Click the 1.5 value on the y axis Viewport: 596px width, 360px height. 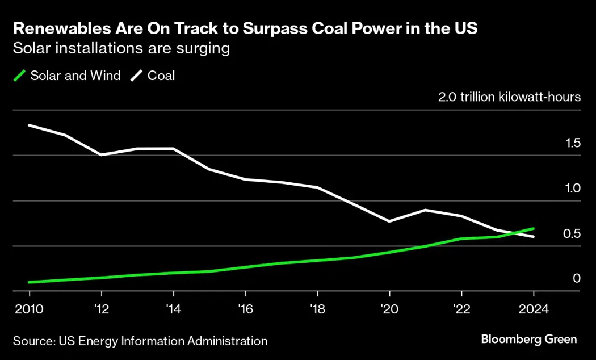[x=572, y=143]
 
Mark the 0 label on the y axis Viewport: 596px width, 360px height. [x=577, y=278]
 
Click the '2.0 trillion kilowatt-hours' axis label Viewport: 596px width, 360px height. [x=509, y=97]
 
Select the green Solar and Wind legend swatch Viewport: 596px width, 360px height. [x=20, y=76]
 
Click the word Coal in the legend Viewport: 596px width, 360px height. [x=161, y=76]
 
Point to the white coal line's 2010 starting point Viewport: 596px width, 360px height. [x=30, y=125]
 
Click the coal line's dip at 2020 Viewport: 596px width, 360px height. [x=389, y=221]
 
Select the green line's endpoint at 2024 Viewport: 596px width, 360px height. [x=533, y=229]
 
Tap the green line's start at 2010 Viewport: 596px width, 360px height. [x=30, y=282]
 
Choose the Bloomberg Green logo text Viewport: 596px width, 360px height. [x=529, y=340]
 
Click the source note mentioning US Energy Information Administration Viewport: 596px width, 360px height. [x=140, y=341]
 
